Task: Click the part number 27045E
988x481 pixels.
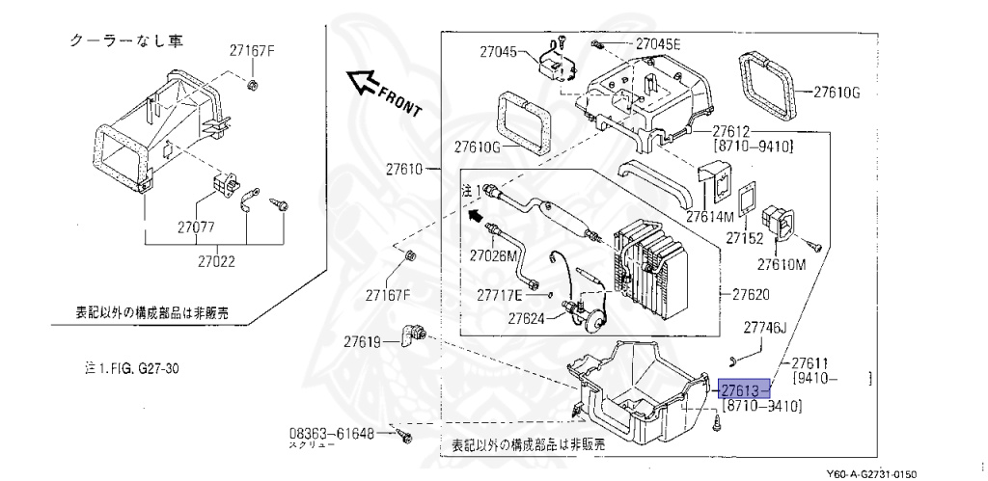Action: click(x=658, y=44)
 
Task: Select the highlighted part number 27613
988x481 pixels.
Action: click(x=741, y=389)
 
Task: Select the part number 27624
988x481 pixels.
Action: click(x=528, y=318)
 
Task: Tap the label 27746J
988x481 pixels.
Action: click(x=764, y=328)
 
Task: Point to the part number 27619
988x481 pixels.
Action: click(x=365, y=341)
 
